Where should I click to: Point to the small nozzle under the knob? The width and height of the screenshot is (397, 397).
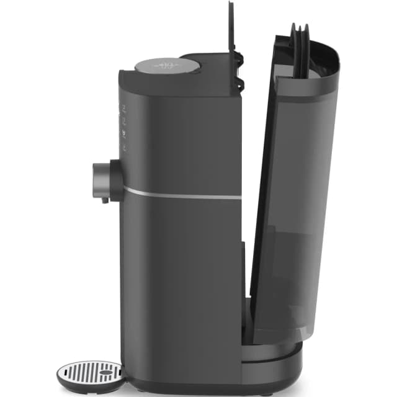click(x=105, y=200)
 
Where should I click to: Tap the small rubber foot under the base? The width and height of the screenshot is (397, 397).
click(x=266, y=391)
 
